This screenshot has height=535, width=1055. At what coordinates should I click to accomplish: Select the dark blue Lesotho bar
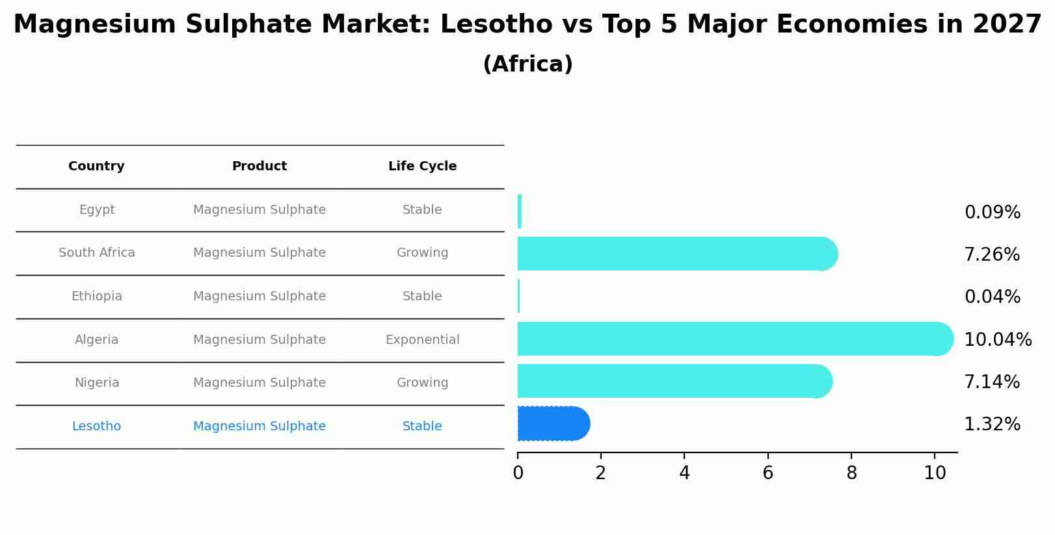(553, 424)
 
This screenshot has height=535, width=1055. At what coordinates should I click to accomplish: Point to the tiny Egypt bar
(520, 211)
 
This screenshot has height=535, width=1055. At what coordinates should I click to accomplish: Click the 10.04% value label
(997, 339)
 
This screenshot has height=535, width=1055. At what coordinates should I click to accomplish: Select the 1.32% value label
(992, 424)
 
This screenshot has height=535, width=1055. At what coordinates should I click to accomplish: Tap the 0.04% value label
(992, 297)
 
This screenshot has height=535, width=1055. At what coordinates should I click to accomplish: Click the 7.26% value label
(992, 255)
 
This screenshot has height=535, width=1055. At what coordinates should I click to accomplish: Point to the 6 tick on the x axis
(768, 473)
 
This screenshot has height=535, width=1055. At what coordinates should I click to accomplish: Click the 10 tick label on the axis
(935, 473)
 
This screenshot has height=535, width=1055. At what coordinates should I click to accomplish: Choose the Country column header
(96, 166)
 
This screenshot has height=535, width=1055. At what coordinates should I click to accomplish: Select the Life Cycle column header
(422, 166)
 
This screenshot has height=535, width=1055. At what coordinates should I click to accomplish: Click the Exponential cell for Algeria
(422, 340)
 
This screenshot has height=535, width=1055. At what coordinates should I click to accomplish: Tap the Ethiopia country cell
(96, 296)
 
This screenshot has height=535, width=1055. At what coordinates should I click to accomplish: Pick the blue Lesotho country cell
(96, 426)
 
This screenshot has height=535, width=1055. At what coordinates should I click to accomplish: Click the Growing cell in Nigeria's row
(422, 383)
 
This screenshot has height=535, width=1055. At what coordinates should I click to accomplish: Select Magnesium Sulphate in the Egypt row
(259, 210)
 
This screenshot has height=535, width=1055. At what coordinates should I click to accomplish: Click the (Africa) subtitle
(527, 64)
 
